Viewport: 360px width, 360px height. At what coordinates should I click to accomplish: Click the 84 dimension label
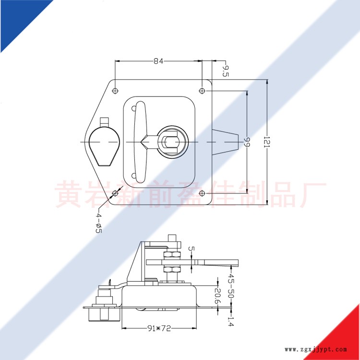[x=158, y=61]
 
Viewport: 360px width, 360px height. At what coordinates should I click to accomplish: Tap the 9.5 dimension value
[x=226, y=71]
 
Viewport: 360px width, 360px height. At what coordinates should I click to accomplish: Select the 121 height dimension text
[x=267, y=143]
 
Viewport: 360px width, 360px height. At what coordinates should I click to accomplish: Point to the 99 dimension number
[x=247, y=142]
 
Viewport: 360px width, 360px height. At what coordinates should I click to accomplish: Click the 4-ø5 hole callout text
[x=98, y=223]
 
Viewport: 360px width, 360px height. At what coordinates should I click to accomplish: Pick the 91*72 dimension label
[x=159, y=328]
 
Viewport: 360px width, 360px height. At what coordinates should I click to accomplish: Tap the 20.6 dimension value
[x=217, y=296]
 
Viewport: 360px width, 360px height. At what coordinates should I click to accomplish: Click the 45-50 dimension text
[x=231, y=286]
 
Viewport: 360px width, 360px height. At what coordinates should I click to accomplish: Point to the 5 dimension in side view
[x=191, y=249]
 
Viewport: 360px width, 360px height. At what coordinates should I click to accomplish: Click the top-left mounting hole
[x=115, y=91]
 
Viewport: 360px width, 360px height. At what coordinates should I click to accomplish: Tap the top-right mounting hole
[x=202, y=91]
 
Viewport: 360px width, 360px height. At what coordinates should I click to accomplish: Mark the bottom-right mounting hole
[x=202, y=193]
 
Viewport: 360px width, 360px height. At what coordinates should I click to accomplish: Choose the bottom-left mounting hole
[x=115, y=193]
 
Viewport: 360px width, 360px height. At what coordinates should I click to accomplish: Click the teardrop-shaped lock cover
[x=105, y=146]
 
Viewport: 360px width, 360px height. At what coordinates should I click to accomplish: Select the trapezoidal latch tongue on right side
[x=225, y=142]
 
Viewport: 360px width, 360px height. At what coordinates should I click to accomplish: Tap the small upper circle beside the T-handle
[x=133, y=108]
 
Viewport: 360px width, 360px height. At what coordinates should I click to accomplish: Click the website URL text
[x=316, y=349]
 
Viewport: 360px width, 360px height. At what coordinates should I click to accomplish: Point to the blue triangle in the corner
[x=18, y=18]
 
